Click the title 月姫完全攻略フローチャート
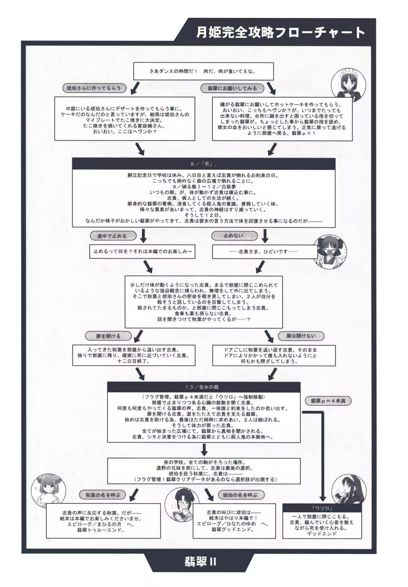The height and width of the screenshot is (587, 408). pos(281,33)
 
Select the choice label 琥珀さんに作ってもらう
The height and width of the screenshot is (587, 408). pos(94,88)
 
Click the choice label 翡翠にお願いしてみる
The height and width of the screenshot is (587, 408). pos(232,88)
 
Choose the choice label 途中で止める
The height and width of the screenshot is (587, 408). pos(112,236)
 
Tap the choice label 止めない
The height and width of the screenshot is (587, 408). pos(234,236)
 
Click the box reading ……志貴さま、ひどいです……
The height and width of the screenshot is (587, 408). pos(265,252)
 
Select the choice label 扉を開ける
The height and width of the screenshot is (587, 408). pos(103,335)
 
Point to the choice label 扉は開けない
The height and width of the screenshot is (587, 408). pos(301,335)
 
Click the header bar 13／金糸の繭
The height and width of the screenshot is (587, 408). pos(204,387)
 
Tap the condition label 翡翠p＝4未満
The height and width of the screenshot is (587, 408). pos(328,401)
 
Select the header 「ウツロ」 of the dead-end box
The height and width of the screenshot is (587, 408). pos(323,508)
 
